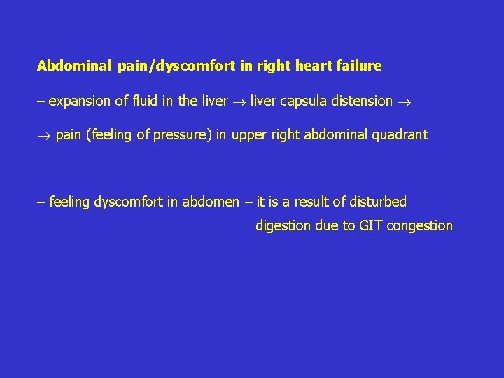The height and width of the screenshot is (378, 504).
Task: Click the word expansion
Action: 79,101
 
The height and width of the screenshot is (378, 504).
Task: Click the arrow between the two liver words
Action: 239,101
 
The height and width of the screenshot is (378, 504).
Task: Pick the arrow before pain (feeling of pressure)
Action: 43,135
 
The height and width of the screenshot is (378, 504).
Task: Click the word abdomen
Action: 211,202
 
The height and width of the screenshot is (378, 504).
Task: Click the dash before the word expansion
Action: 41,101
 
